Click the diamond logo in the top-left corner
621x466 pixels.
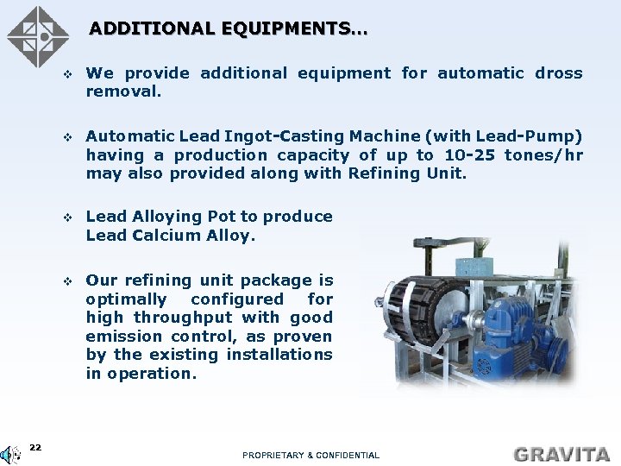coord(37,36)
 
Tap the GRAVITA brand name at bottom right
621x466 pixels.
coord(561,453)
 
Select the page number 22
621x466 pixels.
coord(35,447)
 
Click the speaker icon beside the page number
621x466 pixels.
coord(11,454)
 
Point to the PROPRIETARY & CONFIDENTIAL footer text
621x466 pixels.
coord(310,455)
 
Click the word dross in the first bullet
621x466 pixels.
coord(558,73)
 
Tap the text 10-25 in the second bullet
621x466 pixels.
coord(470,155)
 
